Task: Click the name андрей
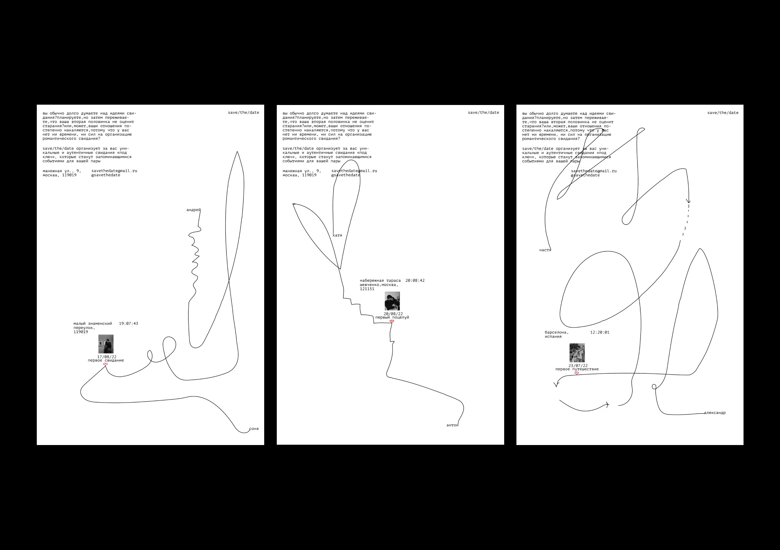(x=193, y=210)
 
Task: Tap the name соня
(x=254, y=429)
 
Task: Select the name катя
(x=337, y=235)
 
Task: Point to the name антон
(x=452, y=425)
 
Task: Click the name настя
(x=545, y=250)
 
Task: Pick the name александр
(x=715, y=413)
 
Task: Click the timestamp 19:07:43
(x=128, y=323)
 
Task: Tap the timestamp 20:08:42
(x=415, y=280)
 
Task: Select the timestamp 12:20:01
(x=599, y=333)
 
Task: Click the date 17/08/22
(x=107, y=357)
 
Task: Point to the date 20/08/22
(x=393, y=314)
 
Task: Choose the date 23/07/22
(x=578, y=366)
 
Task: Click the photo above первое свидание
(x=106, y=344)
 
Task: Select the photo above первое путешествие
(x=577, y=353)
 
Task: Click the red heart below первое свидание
(x=105, y=364)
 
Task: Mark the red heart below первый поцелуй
(x=392, y=321)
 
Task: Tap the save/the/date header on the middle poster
(x=483, y=113)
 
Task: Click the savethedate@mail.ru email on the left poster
(x=114, y=171)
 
